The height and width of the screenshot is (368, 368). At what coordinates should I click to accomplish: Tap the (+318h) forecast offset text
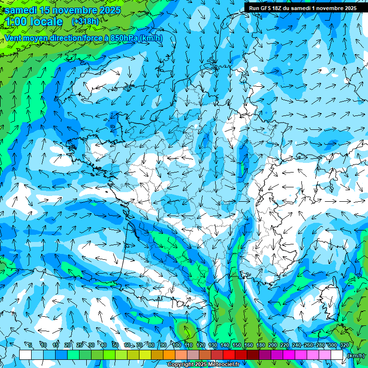point(85,22)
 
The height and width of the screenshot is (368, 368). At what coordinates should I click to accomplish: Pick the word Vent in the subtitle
point(14,38)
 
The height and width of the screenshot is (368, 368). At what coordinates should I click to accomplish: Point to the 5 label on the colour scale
point(30,345)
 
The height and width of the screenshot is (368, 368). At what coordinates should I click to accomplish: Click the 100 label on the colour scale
point(177,345)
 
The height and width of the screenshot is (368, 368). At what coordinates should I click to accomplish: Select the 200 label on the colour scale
point(273,345)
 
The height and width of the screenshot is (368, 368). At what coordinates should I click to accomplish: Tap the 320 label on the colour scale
point(344,345)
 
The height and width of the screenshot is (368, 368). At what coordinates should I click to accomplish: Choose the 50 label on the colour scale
point(115,345)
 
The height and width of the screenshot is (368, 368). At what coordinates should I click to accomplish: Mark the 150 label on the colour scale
point(237,345)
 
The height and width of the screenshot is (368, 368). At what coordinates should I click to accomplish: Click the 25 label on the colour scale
point(79,345)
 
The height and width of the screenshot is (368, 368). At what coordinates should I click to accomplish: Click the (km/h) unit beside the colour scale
point(356,356)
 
